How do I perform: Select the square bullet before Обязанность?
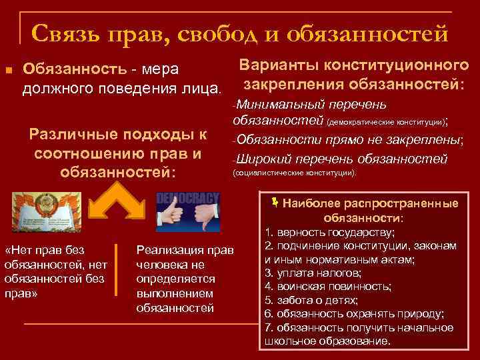click(x=7, y=70)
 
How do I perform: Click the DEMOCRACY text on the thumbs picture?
click(x=187, y=199)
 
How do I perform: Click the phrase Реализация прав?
click(x=185, y=250)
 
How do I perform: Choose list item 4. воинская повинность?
click(x=327, y=286)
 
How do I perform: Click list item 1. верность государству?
click(x=329, y=233)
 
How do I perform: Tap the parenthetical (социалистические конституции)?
click(x=294, y=172)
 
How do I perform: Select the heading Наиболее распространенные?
click(x=370, y=204)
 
